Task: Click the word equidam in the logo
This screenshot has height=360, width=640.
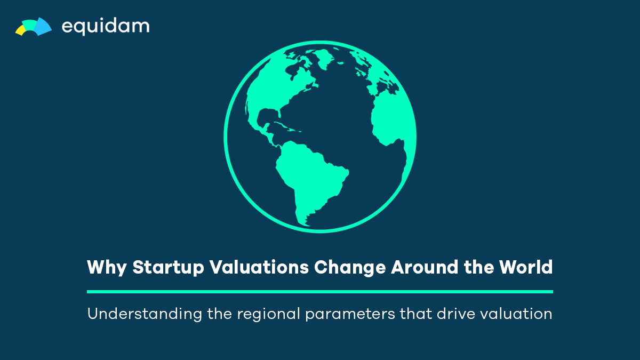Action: tap(106, 26)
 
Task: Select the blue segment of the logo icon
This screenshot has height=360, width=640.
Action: tap(43, 27)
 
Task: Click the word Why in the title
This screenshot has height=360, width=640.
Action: tap(107, 267)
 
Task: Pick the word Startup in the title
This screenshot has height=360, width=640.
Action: tap(169, 267)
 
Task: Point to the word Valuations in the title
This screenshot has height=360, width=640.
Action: tap(259, 267)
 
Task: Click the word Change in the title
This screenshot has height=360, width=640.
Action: tap(350, 268)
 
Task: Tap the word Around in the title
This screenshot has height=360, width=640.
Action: tap(425, 267)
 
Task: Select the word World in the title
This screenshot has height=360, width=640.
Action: tap(526, 267)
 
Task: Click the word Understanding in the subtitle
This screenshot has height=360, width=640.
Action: tap(145, 314)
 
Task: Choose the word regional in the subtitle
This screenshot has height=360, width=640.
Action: tap(269, 314)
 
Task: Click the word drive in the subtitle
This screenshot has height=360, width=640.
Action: tap(455, 314)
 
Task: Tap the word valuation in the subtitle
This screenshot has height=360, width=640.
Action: tap(516, 314)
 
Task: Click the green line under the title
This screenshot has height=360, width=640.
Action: tap(320, 292)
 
